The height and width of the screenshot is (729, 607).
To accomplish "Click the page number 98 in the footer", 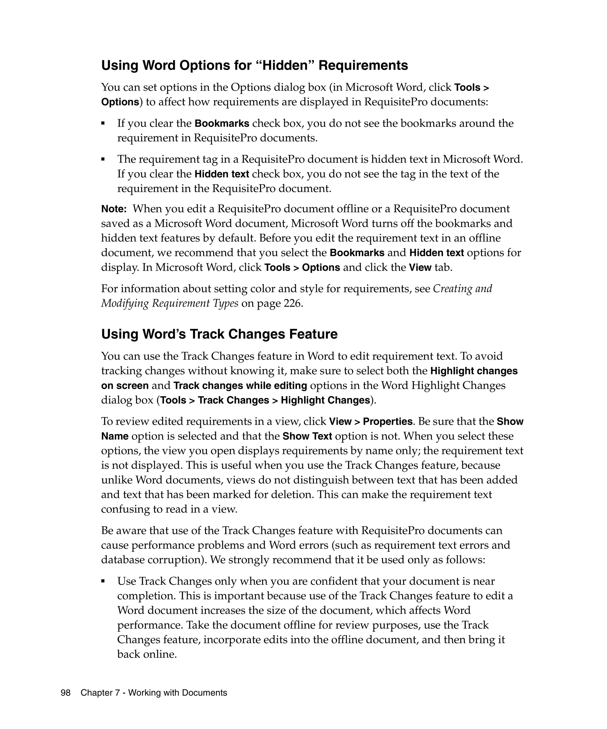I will tap(66, 693).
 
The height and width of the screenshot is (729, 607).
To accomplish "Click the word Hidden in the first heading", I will tap(287, 66).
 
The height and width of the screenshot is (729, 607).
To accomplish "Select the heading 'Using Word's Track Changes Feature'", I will tap(219, 334).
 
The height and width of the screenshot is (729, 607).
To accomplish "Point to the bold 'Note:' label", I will tap(114, 209).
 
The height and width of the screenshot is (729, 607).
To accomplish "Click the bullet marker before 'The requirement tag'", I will tap(103, 159).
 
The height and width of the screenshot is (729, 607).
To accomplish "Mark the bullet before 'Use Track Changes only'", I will tap(103, 581).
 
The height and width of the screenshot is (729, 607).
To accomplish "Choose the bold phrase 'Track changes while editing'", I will tap(240, 386).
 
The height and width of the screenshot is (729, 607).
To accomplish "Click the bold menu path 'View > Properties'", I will tap(370, 421).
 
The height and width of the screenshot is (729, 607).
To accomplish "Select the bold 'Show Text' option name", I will tap(307, 436).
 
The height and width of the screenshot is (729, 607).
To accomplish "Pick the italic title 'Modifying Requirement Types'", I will tap(170, 303).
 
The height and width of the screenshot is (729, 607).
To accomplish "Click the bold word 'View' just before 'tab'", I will tap(420, 268).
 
